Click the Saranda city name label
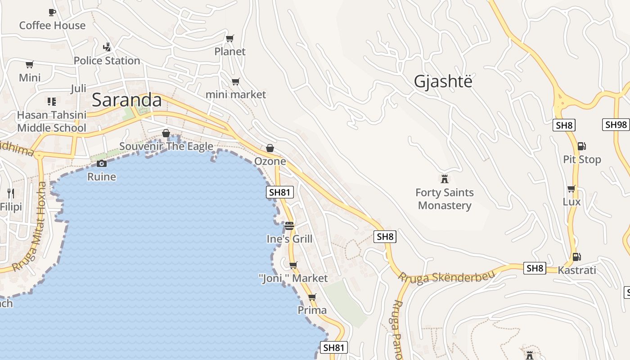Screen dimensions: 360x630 click(x=126, y=100)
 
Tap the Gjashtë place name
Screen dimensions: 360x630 click(x=443, y=81)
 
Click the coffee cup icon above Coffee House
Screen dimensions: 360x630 click(x=52, y=12)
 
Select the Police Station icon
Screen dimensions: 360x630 click(x=107, y=46)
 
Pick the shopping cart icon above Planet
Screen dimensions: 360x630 click(x=229, y=38)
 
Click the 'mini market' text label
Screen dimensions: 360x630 click(x=235, y=94)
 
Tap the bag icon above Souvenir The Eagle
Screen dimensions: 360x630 click(x=166, y=133)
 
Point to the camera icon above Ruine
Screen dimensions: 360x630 click(x=102, y=163)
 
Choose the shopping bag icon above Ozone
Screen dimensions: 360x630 click(x=270, y=148)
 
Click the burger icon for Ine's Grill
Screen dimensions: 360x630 click(x=289, y=225)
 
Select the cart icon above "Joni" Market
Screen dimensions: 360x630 click(x=293, y=265)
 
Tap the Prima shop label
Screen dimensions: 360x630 click(x=312, y=310)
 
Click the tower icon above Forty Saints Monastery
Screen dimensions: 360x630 click(x=445, y=179)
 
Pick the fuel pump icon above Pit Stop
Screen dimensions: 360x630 click(x=581, y=146)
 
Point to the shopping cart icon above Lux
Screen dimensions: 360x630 click(x=571, y=189)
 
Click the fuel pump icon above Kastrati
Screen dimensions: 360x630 click(x=576, y=257)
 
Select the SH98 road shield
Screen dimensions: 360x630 click(x=616, y=125)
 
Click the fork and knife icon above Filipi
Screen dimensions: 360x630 click(x=11, y=193)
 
